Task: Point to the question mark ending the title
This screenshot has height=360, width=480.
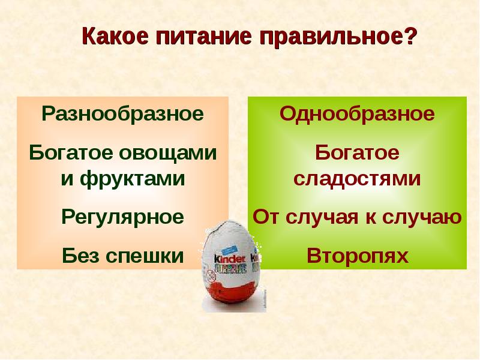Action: pyautogui.click(x=409, y=37)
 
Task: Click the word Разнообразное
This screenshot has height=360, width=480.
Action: pyautogui.click(x=122, y=113)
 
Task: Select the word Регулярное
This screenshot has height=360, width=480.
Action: pyautogui.click(x=122, y=217)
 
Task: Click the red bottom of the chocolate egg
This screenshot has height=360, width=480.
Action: pyautogui.click(x=231, y=294)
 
